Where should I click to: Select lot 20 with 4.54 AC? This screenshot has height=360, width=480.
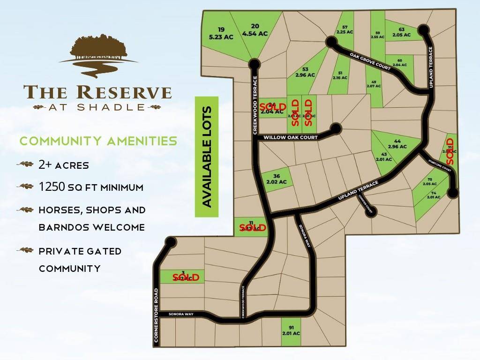pos(255,30)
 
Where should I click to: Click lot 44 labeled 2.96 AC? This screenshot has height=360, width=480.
pos(397,144)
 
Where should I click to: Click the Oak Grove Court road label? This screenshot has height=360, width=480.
pos(370,61)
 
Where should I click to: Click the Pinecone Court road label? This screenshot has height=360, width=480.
pos(440,165)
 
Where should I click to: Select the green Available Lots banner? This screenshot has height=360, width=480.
pos(207,157)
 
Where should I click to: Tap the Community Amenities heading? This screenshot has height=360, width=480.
pos(98,141)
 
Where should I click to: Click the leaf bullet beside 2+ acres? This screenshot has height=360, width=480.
pos(25,165)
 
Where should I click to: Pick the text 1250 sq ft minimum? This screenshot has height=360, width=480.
pos(91,187)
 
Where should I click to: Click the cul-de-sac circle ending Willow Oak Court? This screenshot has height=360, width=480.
pos(335,127)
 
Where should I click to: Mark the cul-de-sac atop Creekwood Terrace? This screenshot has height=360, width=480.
pos(255,63)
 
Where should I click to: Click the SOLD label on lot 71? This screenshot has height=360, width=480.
pos(450,150)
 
